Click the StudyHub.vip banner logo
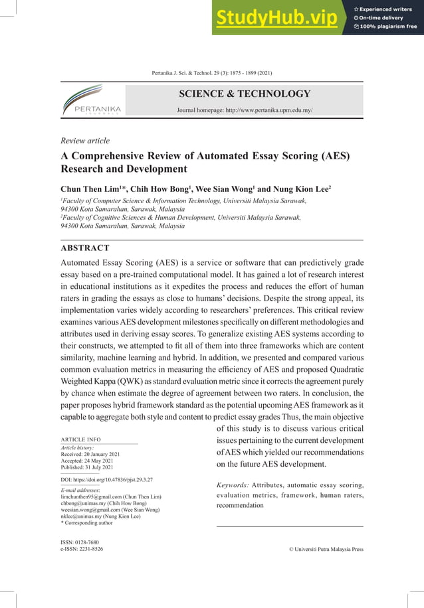[x=277, y=18]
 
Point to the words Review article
[x=85, y=141]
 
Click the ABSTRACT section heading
[x=84, y=248]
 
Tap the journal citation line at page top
[x=212, y=72]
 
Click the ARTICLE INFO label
[x=81, y=439]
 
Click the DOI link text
[x=106, y=479]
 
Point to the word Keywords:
[x=233, y=485]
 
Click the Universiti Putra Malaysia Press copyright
[x=326, y=549]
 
